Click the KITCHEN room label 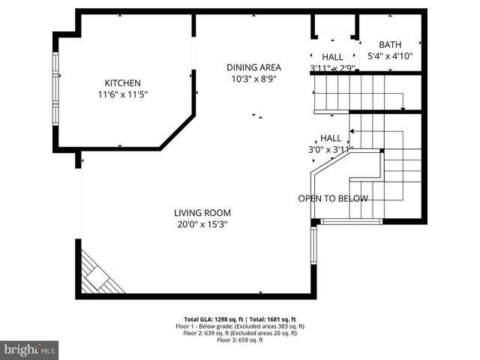coord(122,82)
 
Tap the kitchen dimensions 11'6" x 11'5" coord(122,94)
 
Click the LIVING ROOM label coord(202,212)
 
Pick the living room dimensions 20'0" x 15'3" coord(202,223)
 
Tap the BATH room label coord(390,45)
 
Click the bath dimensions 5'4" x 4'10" coord(390,56)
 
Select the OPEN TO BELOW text coord(333,199)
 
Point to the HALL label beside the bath coord(332,57)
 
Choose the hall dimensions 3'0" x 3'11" coord(331,149)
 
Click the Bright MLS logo coord(30,349)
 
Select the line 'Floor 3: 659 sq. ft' coord(240,340)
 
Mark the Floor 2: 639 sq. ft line coord(240,334)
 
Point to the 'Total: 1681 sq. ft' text coord(271,319)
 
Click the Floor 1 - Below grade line coord(240,326)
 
